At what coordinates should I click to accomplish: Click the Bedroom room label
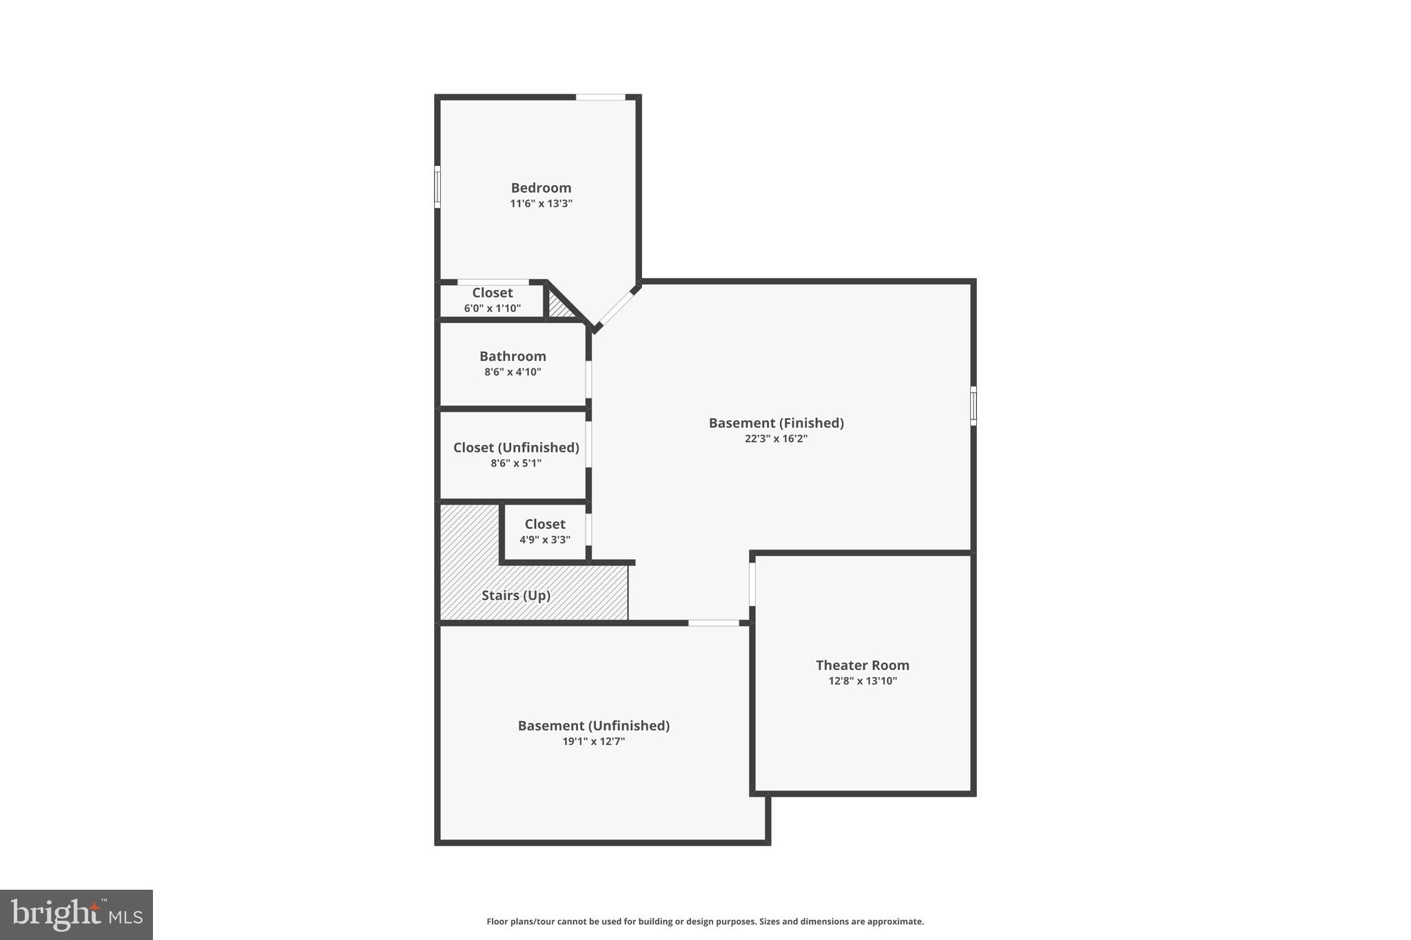(541, 187)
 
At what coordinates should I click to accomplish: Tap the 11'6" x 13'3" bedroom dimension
(541, 204)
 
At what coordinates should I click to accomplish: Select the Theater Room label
(862, 665)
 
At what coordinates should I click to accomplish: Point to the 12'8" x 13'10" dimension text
(862, 681)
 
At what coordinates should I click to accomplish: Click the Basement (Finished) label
(776, 423)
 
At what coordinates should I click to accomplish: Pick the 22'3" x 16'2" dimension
(776, 439)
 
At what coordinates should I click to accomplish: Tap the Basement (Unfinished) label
(593, 725)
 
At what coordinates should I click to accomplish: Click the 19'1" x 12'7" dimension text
(593, 742)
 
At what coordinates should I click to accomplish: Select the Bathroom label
(513, 356)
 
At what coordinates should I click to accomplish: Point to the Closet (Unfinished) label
(516, 448)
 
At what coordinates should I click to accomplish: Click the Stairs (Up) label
(515, 596)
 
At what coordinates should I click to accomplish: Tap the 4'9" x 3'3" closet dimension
(544, 540)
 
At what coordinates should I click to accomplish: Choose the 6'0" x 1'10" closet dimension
(492, 309)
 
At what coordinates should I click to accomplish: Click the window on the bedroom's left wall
(437, 187)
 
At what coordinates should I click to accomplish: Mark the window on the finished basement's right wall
(973, 406)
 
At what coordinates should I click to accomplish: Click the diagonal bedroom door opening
(615, 309)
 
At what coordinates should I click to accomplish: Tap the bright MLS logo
(76, 915)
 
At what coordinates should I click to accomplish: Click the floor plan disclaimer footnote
(705, 921)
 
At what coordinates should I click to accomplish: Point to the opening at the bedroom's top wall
(600, 97)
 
